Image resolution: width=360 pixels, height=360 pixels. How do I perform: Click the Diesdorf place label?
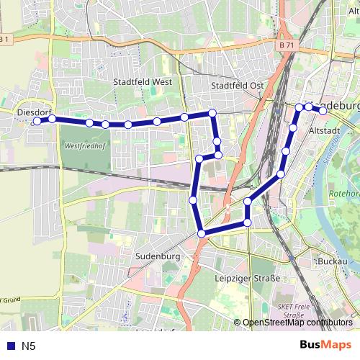[x=32, y=112]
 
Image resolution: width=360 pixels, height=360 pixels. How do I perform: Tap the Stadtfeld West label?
[x=143, y=82]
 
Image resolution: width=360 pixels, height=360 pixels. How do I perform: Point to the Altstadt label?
[x=323, y=132]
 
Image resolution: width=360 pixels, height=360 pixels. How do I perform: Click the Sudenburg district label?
[x=157, y=256]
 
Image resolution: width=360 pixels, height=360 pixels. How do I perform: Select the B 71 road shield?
[x=286, y=45]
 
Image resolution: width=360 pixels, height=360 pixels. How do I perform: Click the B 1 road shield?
[x=6, y=39]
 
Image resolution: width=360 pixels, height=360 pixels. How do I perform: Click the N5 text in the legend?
[x=28, y=346]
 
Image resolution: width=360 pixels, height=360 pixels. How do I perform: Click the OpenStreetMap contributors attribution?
[x=297, y=323]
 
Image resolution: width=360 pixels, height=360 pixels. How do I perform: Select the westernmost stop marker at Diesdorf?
[x=37, y=122]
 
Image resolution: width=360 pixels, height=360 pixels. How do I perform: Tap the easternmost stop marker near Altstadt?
[x=323, y=111]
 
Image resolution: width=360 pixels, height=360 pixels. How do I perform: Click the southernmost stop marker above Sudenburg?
[x=202, y=233]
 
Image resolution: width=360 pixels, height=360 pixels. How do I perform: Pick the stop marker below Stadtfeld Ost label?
[x=212, y=112]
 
